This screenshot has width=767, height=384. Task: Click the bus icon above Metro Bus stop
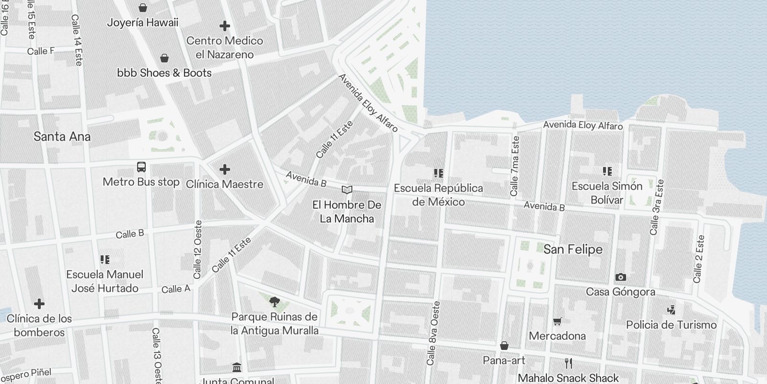141,167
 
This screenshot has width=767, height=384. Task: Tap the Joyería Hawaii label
142,23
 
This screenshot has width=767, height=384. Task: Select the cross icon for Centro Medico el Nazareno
224,26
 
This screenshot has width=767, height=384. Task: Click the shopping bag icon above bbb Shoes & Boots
164,58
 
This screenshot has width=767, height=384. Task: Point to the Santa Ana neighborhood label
62,137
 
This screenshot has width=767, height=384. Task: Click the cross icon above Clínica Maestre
224,169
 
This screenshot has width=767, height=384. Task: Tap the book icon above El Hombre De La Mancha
347,190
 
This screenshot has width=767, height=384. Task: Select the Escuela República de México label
438,195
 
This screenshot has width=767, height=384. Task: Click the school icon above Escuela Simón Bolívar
607,171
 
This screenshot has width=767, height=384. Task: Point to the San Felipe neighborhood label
573,249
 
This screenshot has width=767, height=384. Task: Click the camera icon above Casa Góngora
620,277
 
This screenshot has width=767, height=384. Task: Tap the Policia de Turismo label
671,325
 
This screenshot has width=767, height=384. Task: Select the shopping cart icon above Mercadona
557,321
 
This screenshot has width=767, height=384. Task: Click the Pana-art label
504,360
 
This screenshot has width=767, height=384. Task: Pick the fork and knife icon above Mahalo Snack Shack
569,363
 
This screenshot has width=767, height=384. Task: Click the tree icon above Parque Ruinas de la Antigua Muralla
274,302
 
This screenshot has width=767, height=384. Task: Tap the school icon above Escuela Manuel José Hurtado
105,260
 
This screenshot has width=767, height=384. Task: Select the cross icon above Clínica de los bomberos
39,304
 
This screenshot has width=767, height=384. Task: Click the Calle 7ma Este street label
515,166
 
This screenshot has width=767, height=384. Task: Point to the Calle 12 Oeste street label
198,250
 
